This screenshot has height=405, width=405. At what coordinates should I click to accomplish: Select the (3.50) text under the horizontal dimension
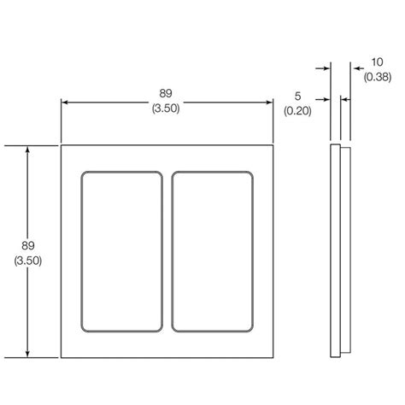[167, 109]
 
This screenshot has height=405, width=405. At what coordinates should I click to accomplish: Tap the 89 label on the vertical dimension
[28, 246]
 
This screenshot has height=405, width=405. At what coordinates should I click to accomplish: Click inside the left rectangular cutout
[121, 252]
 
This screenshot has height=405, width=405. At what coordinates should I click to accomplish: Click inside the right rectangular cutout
[214, 252]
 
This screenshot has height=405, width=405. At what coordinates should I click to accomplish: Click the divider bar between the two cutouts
[167, 252]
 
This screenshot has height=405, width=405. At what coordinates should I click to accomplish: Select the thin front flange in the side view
[334, 252]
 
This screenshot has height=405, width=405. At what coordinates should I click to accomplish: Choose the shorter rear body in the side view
[343, 252]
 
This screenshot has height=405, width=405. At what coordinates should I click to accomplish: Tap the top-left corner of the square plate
[62, 146]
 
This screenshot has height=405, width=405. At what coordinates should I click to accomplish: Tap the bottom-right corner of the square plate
[273, 357]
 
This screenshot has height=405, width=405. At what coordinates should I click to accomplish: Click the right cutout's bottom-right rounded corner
[252, 329]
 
